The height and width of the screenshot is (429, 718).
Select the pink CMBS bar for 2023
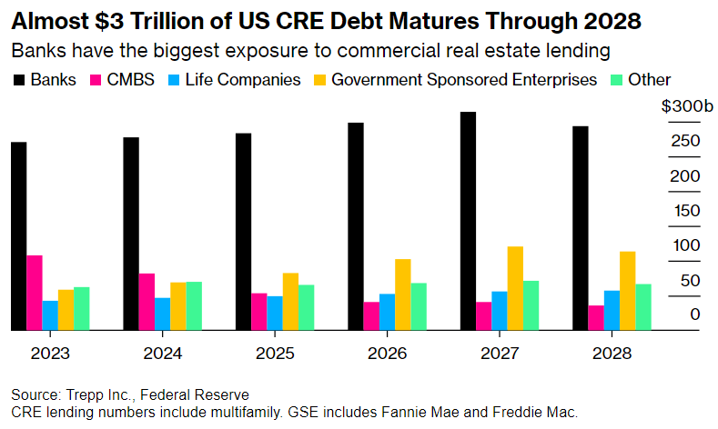pyautogui.click(x=35, y=293)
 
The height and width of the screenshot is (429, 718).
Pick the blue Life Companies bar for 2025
pyautogui.click(x=275, y=313)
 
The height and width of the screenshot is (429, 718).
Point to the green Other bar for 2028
pyautogui.click(x=643, y=307)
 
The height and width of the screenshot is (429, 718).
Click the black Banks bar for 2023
pyautogui.click(x=18, y=236)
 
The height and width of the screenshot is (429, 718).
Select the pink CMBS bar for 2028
pyautogui.click(x=596, y=317)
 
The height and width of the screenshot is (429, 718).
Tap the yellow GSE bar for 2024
pyautogui.click(x=178, y=305)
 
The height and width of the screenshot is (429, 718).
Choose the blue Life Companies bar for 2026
pyautogui.click(x=387, y=312)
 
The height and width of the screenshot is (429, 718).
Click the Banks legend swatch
pyautogui.click(x=18, y=80)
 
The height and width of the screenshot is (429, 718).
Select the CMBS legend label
pyautogui.click(x=137, y=80)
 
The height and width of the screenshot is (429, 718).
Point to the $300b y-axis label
pyautogui.click(x=686, y=107)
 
